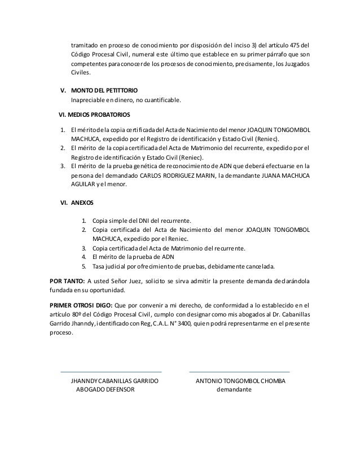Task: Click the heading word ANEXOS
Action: coord(82,201)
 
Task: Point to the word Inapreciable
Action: coord(89,100)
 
